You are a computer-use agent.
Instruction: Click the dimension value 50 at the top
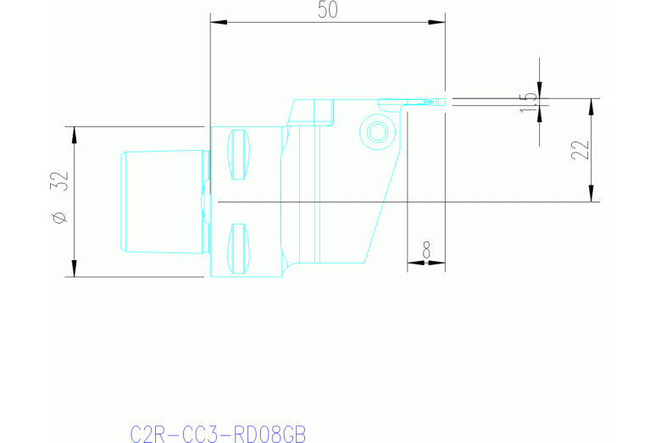tap(326, 10)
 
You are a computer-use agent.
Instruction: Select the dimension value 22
tap(581, 150)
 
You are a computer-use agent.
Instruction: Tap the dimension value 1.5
tap(530, 99)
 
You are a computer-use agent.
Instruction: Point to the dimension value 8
tap(425, 250)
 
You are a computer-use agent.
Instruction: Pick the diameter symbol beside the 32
tap(58, 218)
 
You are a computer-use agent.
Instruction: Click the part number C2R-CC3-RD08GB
tap(217, 435)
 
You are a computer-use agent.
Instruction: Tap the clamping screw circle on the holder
tap(375, 131)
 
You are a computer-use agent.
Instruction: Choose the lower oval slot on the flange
tap(240, 249)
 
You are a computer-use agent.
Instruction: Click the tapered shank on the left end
tap(163, 202)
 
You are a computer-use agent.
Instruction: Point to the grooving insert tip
tap(437, 102)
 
